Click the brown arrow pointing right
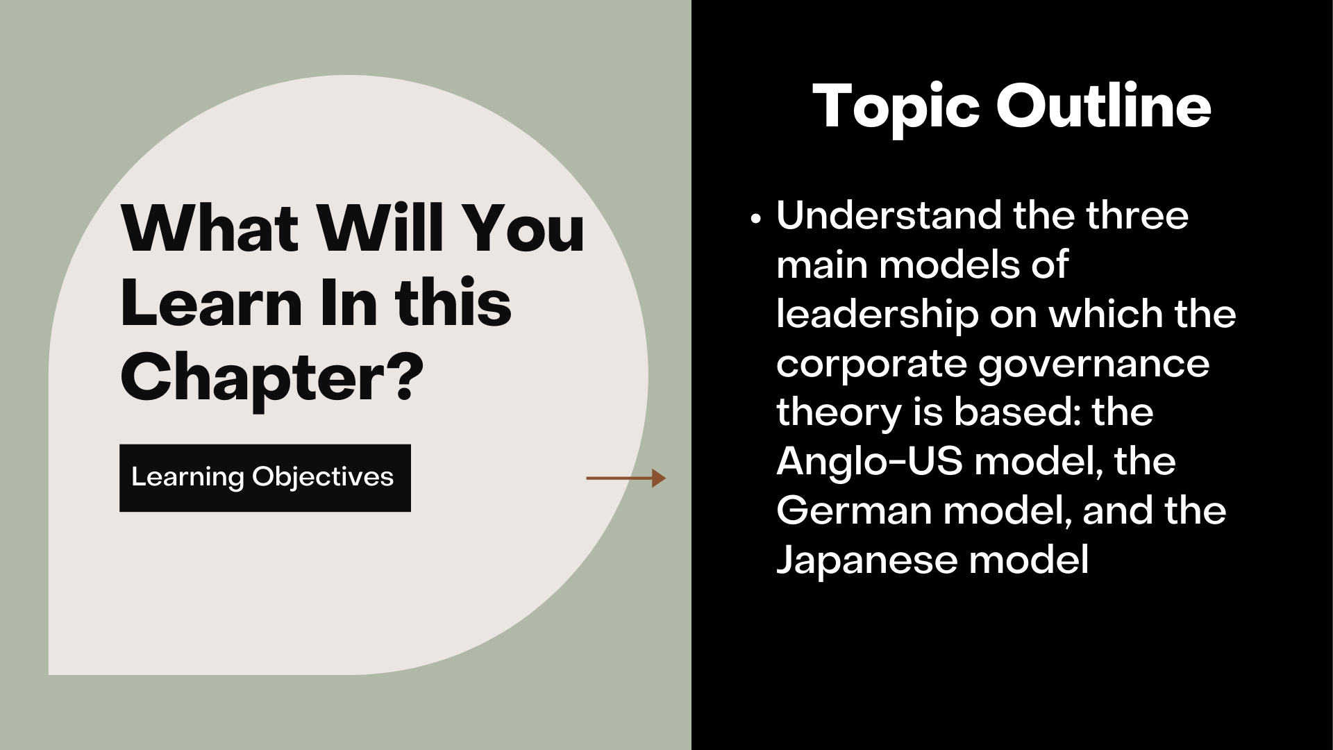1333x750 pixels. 626,478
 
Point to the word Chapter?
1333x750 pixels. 271,378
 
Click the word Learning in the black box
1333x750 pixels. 188,478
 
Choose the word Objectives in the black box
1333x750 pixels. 323,478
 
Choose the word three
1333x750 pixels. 1137,215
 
